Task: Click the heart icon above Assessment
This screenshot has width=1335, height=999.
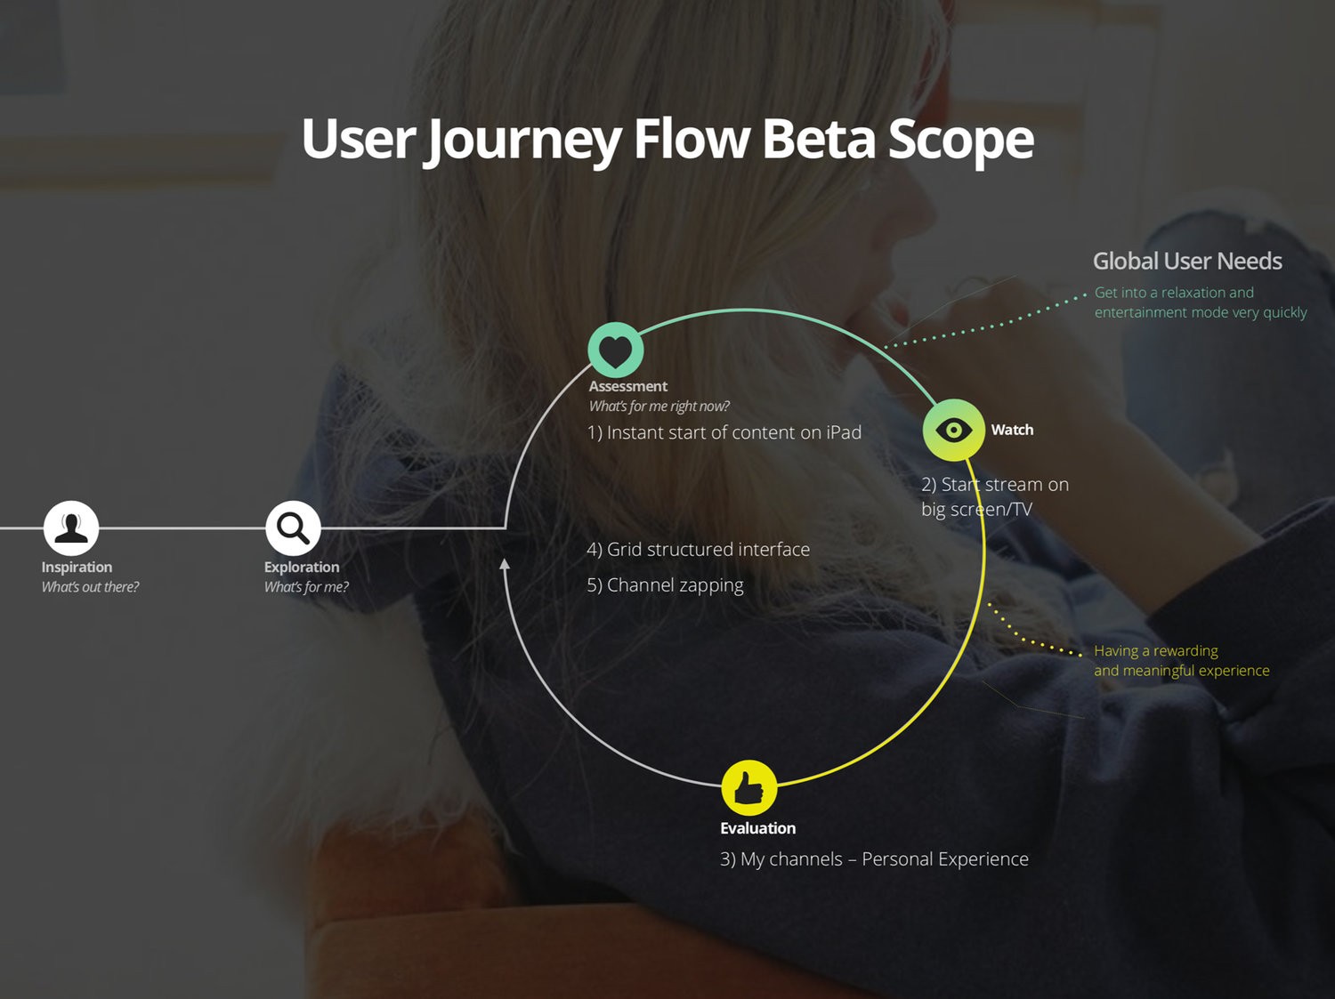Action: [616, 350]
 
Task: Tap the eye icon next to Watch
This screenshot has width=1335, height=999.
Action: [953, 430]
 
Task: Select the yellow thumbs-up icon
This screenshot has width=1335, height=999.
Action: [749, 787]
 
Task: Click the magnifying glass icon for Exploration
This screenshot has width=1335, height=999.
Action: [293, 528]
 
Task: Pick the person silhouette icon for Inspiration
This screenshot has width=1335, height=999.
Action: [71, 528]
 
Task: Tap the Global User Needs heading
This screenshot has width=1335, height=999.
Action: [1187, 262]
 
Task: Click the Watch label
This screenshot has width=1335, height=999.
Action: [1012, 430]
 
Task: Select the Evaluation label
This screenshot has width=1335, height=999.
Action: [757, 828]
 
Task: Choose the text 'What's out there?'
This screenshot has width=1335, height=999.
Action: [90, 587]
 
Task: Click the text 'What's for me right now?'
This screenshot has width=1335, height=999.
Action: [659, 406]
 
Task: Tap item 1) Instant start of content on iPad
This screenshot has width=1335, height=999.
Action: [724, 432]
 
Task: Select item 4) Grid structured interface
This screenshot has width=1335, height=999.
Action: [699, 550]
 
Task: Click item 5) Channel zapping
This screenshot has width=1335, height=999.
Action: [665, 585]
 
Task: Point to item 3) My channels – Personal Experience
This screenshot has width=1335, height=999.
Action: [874, 859]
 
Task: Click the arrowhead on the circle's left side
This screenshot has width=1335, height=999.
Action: [505, 565]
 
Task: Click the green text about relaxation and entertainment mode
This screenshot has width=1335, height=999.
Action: [1201, 302]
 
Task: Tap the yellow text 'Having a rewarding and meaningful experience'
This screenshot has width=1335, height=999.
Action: [1182, 661]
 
